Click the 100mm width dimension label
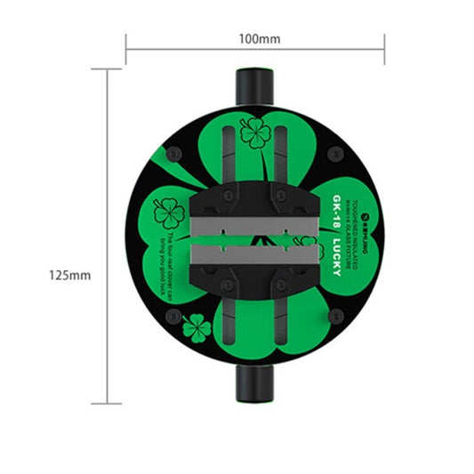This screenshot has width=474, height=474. [259, 40]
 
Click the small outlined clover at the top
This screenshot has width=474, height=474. [256, 134]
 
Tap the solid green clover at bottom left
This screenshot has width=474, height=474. [197, 330]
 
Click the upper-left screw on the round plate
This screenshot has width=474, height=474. [173, 154]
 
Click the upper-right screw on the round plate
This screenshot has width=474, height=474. [334, 154]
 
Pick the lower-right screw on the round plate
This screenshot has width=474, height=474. [334, 315]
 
